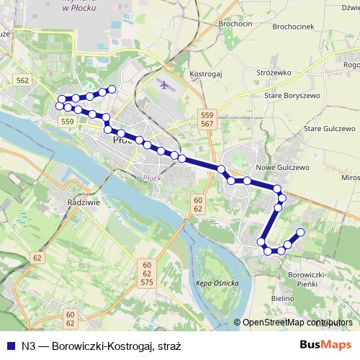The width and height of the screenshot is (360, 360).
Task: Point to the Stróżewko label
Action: [x=273, y=73]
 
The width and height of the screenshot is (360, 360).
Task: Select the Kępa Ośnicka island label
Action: [x=217, y=283]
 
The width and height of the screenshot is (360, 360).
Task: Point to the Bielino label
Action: [x=283, y=298]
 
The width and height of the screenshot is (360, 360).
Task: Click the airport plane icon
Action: [x=165, y=85]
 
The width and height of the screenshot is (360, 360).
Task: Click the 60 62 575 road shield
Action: [x=147, y=274]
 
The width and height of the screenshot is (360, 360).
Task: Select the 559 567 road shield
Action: [x=207, y=120]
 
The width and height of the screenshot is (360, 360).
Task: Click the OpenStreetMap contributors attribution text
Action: [x=297, y=323]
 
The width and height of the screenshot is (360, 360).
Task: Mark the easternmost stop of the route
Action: [x=300, y=232]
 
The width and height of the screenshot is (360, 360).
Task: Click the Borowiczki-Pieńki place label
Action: [x=308, y=280]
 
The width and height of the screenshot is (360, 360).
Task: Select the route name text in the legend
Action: [x=101, y=346]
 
